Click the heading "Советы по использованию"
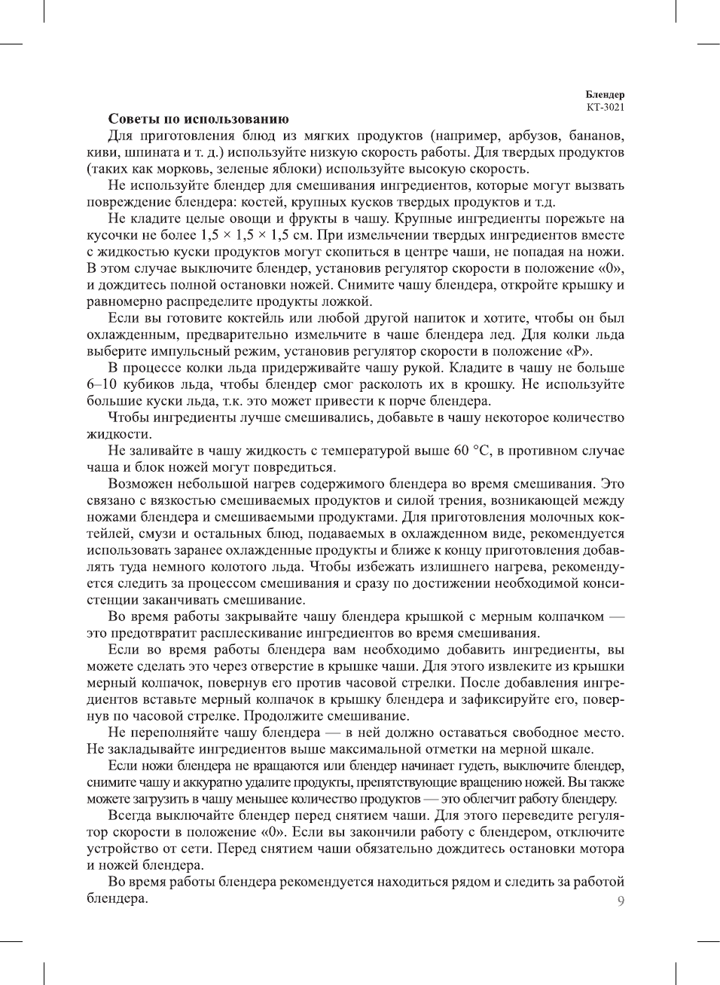pyautogui.click(x=198, y=119)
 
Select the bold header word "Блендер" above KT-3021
pyautogui.click(x=606, y=95)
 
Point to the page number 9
pyautogui.click(x=621, y=901)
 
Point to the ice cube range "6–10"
pyautogui.click(x=100, y=384)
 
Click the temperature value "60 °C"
pyautogui.click(x=472, y=451)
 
